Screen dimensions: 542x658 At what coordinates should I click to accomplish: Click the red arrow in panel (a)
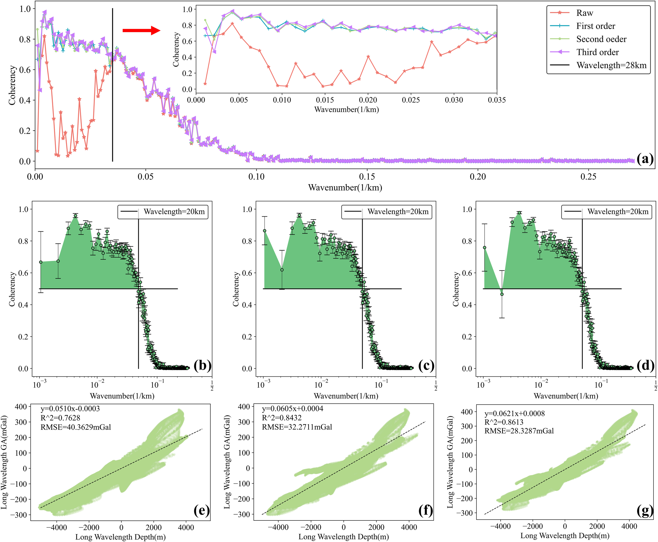tap(141, 30)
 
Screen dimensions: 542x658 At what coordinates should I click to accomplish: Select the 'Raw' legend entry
tap(584, 13)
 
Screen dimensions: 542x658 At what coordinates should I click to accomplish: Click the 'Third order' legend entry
tap(597, 52)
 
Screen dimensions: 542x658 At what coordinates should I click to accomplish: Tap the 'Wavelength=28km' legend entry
tap(611, 65)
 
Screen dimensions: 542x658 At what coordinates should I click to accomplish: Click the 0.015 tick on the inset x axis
tap(325, 100)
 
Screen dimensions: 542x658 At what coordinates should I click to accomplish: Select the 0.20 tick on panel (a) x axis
tap(478, 177)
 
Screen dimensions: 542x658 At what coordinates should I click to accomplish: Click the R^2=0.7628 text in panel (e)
tap(60, 418)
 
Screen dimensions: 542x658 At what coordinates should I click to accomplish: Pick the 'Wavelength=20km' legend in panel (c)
tap(398, 212)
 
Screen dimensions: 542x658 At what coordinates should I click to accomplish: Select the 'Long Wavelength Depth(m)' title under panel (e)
tap(121, 537)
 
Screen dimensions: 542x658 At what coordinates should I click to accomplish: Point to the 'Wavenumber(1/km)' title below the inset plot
tap(346, 110)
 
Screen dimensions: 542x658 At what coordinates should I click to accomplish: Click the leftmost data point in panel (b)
tap(41, 262)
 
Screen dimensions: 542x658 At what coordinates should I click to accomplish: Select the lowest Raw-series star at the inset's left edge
tap(205, 84)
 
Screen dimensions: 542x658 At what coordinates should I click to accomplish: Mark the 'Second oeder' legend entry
tap(601, 39)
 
